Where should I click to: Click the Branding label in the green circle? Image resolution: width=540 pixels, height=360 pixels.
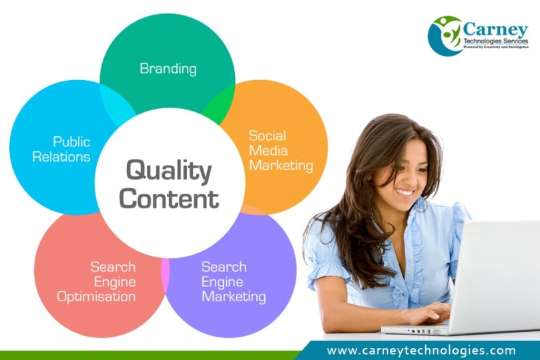[x=168, y=69]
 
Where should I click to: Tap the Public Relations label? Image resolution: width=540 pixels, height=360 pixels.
[x=71, y=150]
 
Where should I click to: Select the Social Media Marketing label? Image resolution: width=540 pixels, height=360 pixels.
[x=280, y=150]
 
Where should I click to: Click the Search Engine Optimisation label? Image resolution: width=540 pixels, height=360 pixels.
[x=96, y=282]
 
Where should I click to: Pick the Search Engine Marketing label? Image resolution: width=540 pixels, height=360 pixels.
[x=233, y=282]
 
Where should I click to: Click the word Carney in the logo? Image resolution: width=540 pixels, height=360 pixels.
[x=494, y=29]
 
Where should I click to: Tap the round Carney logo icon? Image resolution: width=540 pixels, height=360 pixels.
[x=445, y=35]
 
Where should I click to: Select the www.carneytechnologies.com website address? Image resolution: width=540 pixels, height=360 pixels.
[x=421, y=350]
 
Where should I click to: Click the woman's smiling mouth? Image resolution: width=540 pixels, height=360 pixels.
[x=404, y=192]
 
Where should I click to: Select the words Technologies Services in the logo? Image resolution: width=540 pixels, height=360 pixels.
[x=495, y=41]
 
